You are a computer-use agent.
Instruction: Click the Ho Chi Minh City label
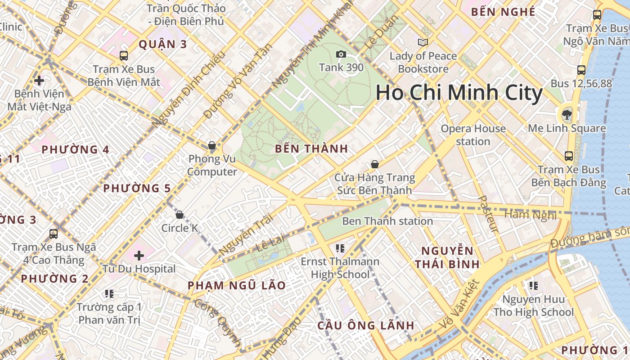pos(459,93)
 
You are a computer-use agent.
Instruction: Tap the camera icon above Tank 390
pos(341,54)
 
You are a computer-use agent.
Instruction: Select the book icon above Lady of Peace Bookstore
pos(423,42)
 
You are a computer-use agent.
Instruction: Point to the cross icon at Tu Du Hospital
pos(139,256)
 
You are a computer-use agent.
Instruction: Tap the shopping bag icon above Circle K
pos(180,215)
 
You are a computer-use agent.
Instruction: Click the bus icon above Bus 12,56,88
pos(581,70)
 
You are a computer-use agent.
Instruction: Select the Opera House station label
pos(473,135)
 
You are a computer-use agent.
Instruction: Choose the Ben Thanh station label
pos(387,221)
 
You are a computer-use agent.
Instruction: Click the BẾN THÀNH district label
pos(311,148)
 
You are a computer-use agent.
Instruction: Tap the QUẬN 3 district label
pos(162,44)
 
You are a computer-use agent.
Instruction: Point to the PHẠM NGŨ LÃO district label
pos(236,285)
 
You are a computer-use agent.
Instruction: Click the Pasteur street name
pos(488,214)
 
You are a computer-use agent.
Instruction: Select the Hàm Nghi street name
pos(530,215)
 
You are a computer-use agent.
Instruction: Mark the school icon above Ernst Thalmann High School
pos(340,248)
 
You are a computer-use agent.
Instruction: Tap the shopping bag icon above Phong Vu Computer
pos(212,145)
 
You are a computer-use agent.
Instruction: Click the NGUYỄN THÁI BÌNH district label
pos(447,257)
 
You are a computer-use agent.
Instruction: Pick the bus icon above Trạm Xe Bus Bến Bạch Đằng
pos(569,156)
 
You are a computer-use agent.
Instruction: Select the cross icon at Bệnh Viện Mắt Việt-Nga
pos(39,81)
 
